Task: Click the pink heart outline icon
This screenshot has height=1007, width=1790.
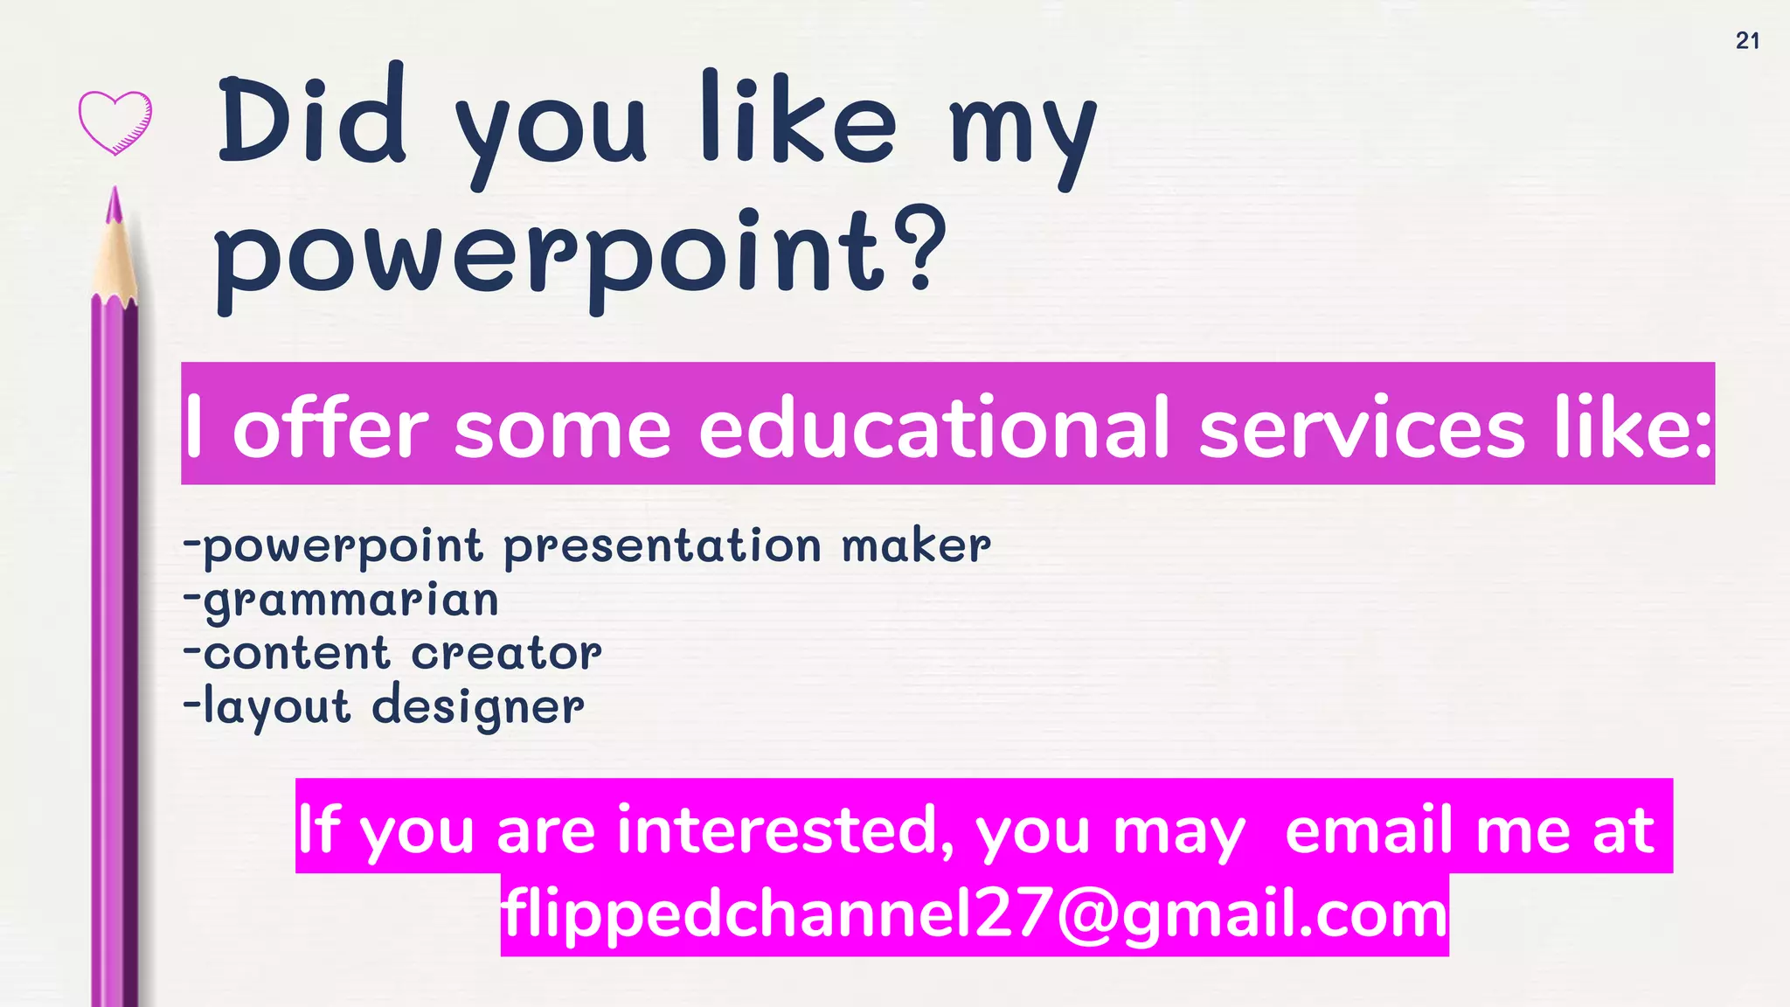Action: tap(115, 122)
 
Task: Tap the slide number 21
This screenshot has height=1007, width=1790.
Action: tap(1747, 41)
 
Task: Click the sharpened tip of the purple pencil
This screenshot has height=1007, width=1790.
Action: tap(114, 205)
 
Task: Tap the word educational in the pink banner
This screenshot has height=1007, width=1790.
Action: tap(933, 429)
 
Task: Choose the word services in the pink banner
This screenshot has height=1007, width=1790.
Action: tap(1361, 429)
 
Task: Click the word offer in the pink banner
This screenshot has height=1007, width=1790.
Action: tap(330, 429)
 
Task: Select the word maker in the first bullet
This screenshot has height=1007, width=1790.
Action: tap(916, 546)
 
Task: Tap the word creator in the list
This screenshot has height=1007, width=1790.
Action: tap(506, 654)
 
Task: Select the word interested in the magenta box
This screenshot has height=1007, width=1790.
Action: tap(785, 830)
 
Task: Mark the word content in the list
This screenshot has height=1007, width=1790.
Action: tap(296, 654)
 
